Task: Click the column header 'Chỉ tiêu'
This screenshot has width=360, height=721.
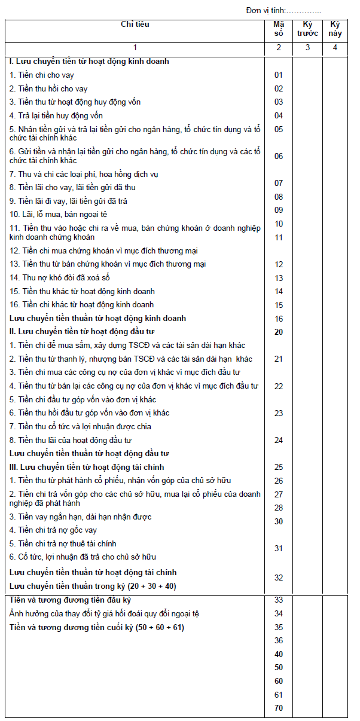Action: (135, 25)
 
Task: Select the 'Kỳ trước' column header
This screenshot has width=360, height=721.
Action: (308, 29)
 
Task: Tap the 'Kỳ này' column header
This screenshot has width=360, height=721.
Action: (335, 29)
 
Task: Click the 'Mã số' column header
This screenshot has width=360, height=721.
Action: (279, 29)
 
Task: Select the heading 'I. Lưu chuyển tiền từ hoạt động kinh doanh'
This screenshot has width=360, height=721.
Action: (90, 62)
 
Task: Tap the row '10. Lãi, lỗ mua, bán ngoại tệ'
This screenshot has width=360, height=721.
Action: (59, 214)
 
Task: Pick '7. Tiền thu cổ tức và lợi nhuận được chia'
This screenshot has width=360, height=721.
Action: (81, 426)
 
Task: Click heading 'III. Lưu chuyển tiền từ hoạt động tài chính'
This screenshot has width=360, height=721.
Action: (87, 467)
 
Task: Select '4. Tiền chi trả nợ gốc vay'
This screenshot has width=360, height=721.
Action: (53, 530)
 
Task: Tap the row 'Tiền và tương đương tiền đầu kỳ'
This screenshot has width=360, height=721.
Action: (71, 600)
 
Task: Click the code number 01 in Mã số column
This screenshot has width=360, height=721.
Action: (279, 75)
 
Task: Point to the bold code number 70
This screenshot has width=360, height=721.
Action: (279, 708)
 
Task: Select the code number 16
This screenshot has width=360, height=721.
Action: (279, 319)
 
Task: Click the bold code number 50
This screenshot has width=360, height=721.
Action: (279, 668)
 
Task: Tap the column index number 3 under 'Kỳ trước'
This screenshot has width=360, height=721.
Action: (308, 48)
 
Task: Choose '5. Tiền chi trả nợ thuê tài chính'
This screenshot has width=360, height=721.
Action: (63, 544)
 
